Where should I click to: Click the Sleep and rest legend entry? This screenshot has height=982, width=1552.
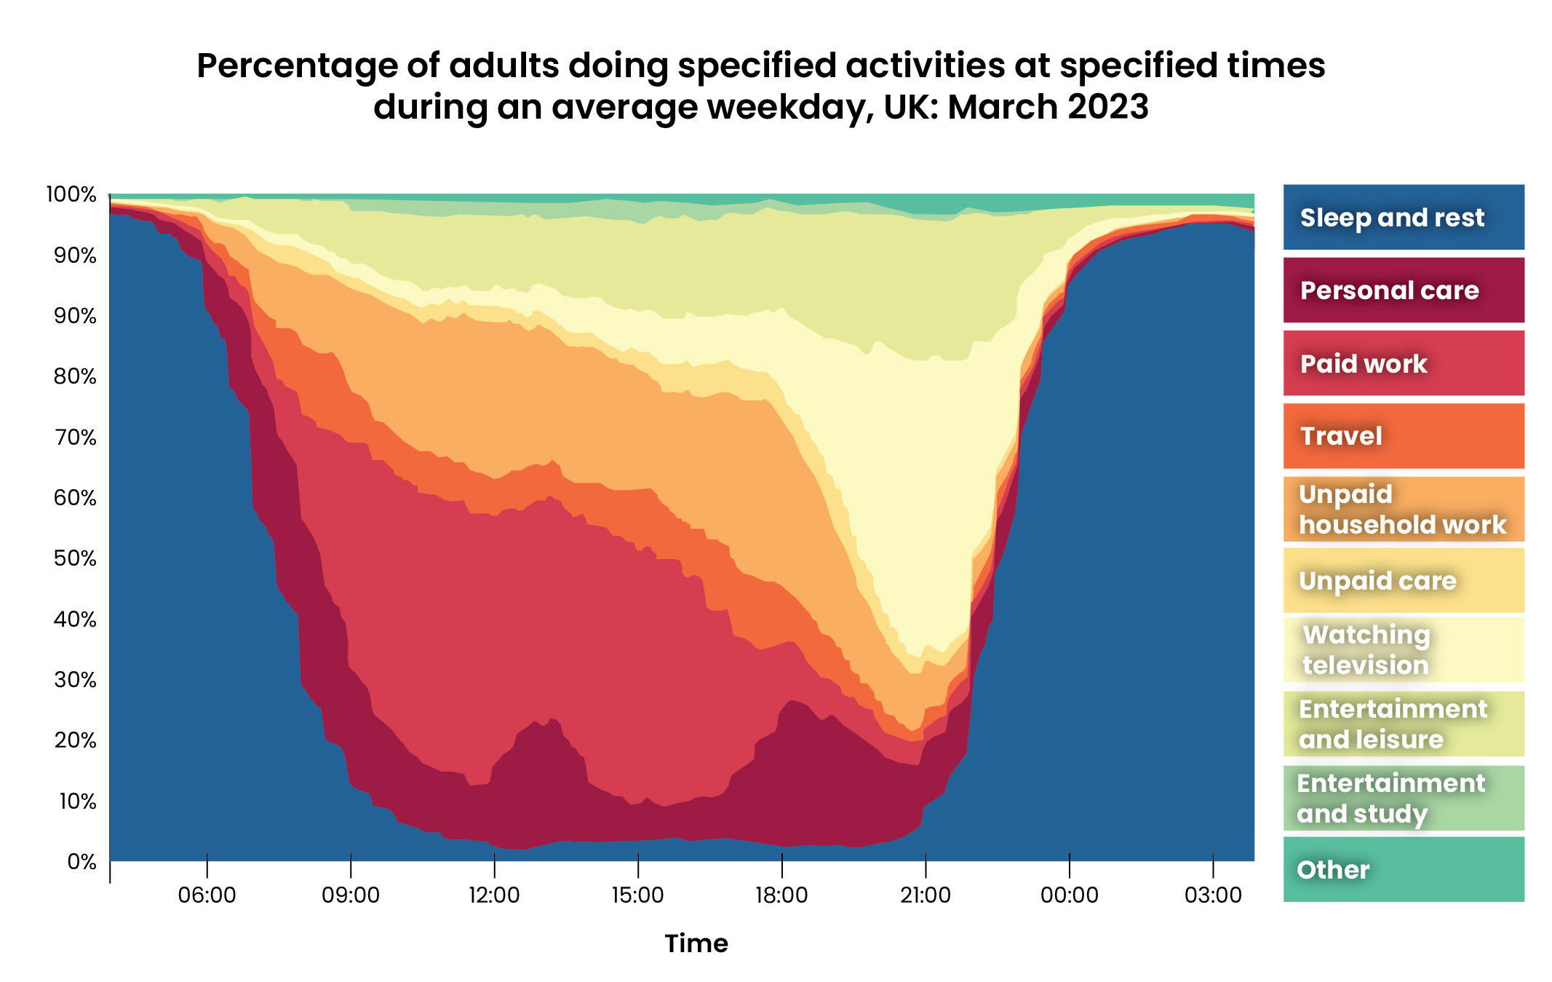[1403, 217]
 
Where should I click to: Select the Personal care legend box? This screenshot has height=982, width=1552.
[1403, 290]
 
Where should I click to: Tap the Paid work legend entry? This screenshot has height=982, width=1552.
[1403, 363]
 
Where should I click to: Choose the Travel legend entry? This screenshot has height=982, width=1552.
[1403, 436]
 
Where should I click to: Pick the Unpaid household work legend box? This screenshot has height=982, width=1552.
[1403, 509]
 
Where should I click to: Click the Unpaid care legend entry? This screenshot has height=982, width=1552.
[1403, 580]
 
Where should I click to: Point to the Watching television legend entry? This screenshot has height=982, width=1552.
[1403, 649]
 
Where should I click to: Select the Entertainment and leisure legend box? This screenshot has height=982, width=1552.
[1403, 724]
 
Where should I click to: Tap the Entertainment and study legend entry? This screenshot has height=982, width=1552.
[1403, 798]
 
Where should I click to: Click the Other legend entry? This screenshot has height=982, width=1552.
[1403, 869]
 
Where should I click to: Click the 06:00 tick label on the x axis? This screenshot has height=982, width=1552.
[207, 895]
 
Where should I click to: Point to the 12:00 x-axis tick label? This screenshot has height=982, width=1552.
[494, 895]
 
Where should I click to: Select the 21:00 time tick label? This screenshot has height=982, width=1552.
[925, 895]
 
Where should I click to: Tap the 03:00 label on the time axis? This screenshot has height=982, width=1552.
[1212, 895]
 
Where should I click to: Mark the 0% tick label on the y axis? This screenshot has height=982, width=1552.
[81, 862]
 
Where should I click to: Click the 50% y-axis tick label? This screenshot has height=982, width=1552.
[75, 558]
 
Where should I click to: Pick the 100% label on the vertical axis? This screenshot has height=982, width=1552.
[71, 194]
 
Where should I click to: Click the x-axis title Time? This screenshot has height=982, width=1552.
[696, 943]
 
